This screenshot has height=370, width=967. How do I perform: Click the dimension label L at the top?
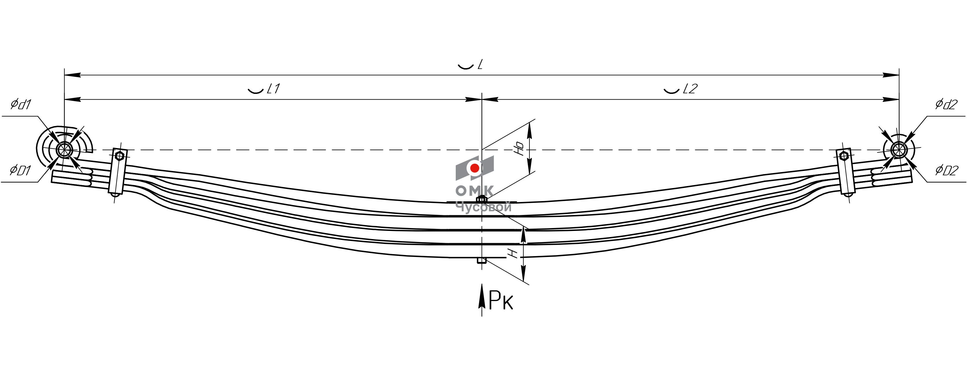tap(480, 65)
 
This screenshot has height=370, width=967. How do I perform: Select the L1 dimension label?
tap(273, 89)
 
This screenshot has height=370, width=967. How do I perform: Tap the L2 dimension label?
tap(690, 89)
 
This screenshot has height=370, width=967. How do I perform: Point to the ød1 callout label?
tap(21, 104)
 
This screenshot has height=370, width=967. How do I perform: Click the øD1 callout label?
tap(20, 170)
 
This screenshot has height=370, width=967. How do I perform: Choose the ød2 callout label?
tap(946, 104)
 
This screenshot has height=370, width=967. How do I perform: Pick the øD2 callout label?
tap(947, 170)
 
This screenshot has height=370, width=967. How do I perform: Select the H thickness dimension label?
tap(513, 254)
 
